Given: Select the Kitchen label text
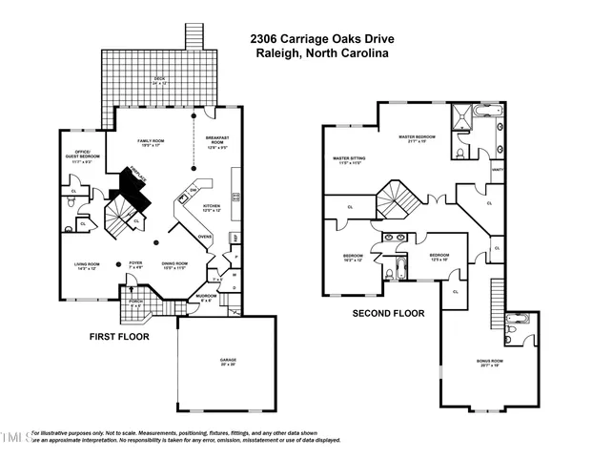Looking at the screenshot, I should (211, 208).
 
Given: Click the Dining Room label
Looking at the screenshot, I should (174, 265).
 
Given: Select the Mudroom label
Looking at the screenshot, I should (208, 298).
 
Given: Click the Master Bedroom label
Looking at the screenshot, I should (417, 138).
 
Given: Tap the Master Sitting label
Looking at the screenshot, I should (345, 160).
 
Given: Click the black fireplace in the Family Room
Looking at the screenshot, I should (129, 183).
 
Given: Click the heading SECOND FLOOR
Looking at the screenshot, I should (388, 313).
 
